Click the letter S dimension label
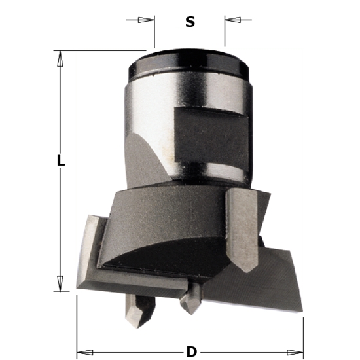190,22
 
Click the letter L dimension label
61,160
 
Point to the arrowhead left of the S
149,20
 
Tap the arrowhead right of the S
230,20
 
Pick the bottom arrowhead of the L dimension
60,283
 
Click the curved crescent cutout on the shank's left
147,157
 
